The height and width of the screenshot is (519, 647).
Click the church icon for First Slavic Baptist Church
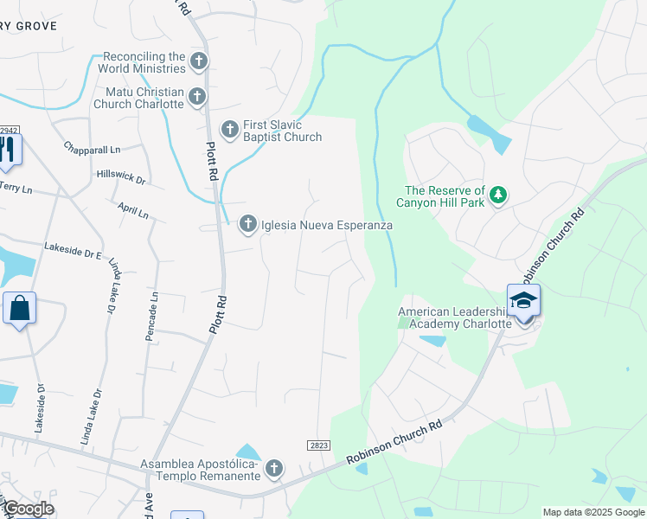click(230, 130)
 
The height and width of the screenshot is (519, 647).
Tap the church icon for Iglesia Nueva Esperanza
click(247, 225)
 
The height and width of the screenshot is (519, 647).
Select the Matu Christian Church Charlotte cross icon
click(197, 97)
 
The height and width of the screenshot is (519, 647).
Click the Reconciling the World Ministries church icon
click(199, 61)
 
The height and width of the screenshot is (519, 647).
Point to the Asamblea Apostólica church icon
click(273, 469)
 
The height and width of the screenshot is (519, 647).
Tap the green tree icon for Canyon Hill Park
click(497, 195)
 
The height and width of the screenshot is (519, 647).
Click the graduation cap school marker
click(523, 300)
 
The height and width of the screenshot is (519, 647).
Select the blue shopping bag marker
click(19, 308)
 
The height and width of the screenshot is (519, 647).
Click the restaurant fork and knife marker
click(8, 150)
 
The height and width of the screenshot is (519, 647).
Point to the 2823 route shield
click(318, 445)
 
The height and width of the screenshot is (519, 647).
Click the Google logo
click(28, 509)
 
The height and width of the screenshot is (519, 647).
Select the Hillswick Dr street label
click(121, 176)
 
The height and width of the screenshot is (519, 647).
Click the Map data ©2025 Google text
click(593, 512)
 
